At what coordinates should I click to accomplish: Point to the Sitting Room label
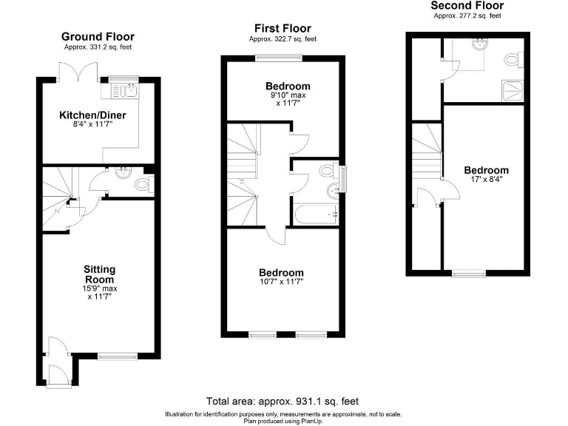click(98, 274)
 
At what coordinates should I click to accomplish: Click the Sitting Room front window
click(117, 356)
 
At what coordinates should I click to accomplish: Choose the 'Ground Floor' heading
click(98, 36)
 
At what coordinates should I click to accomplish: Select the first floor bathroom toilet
click(325, 172)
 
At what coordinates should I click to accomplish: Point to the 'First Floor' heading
click(282, 27)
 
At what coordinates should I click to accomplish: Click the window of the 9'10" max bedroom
click(279, 58)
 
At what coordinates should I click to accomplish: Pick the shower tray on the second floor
click(512, 89)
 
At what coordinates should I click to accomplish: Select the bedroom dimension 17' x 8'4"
click(486, 180)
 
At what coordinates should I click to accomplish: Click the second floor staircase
click(427, 152)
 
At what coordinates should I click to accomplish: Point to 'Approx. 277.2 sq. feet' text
click(467, 16)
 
